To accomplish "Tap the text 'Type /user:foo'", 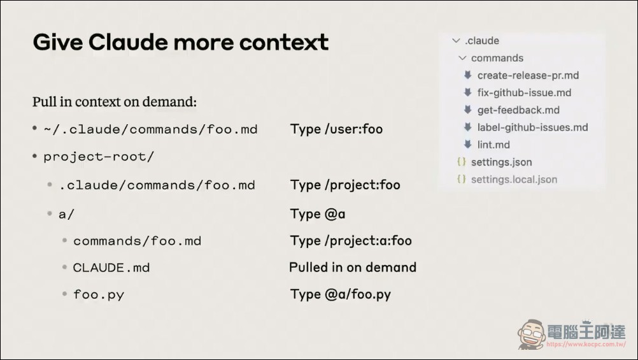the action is [x=336, y=129].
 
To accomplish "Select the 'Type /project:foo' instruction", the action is [x=345, y=185].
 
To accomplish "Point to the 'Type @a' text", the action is [x=317, y=214].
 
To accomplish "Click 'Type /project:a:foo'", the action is [x=351, y=241].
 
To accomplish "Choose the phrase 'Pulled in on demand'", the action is [x=353, y=267].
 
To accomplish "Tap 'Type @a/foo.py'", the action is [x=340, y=294].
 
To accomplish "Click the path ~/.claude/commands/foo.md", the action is [x=150, y=129].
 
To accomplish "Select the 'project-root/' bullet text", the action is [x=99, y=157].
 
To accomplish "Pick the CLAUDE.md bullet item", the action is [x=111, y=268].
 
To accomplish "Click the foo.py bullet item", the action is [x=99, y=294].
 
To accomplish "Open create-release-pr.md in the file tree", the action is [x=528, y=75].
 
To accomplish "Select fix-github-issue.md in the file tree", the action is [x=524, y=92].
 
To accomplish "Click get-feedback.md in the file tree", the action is [x=518, y=110].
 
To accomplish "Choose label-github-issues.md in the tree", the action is [x=532, y=127].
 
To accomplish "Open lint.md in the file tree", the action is [x=493, y=145].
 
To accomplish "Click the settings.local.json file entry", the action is [x=514, y=180].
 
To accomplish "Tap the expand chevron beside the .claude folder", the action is [x=456, y=41].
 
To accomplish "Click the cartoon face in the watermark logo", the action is [x=532, y=335].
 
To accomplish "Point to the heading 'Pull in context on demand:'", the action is [x=115, y=102].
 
